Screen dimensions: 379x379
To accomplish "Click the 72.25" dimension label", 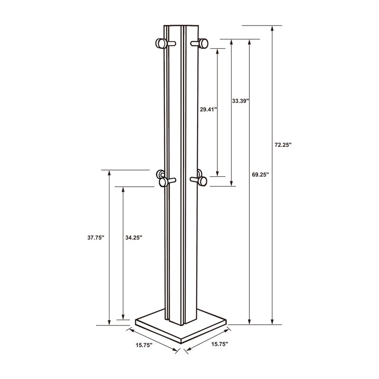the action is coord(283,145).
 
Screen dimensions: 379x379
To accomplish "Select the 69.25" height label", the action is coord(260,174).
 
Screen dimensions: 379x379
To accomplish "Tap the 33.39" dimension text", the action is coord(241,101).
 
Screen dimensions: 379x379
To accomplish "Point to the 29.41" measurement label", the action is coord(208,109).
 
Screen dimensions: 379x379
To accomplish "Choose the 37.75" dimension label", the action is coord(96,238).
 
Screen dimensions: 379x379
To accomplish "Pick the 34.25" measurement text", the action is coord(134,238).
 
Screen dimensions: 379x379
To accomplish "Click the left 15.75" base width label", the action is coord(144,345).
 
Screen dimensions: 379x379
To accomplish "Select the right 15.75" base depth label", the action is coord(220,344).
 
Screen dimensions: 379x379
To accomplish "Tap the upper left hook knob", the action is coord(161,44).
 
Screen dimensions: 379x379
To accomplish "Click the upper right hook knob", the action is coord(204,44).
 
